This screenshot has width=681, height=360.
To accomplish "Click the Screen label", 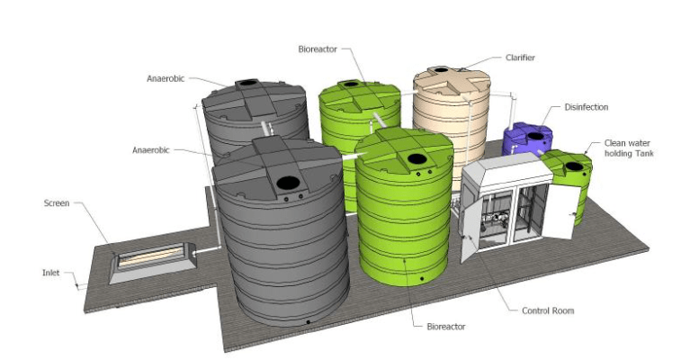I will click(x=57, y=203).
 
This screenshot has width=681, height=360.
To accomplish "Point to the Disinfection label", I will click(x=586, y=107).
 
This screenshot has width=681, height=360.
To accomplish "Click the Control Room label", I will click(x=547, y=310).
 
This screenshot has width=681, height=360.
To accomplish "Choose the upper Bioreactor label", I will click(x=318, y=49).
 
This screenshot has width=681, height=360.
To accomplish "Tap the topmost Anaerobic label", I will click(x=167, y=78).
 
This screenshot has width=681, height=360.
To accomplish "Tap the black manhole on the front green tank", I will click(x=417, y=158).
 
